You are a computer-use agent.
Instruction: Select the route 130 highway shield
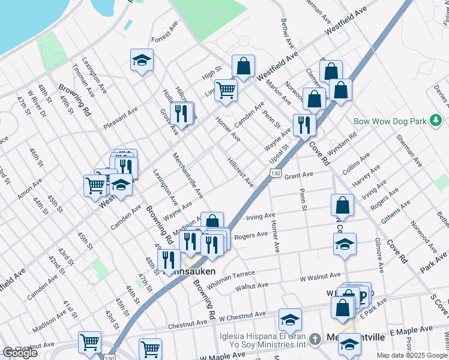tap(275, 173)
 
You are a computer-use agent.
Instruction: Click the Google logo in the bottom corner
tap(20, 353)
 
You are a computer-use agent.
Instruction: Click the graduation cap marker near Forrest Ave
tap(142, 60)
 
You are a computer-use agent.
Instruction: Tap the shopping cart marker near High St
tap(226, 91)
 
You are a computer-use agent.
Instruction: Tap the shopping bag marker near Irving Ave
tap(342, 205)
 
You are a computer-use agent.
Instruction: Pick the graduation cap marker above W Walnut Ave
tap(345, 244)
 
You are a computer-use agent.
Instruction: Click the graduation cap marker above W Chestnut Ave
tap(290, 319)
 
